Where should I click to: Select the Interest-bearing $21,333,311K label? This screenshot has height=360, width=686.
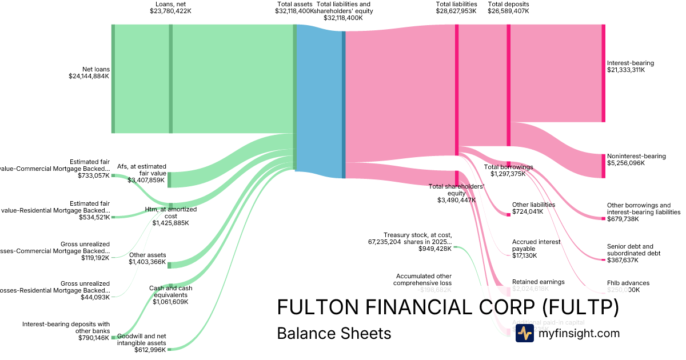pyautogui.click(x=630, y=66)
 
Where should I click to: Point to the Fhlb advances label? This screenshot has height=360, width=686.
pyautogui.click(x=628, y=286)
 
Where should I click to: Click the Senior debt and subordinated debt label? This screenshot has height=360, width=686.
pyautogui.click(x=633, y=253)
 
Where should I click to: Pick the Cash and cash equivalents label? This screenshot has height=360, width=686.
pyautogui.click(x=170, y=295)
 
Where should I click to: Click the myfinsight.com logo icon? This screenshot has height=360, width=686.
pyautogui.click(x=524, y=333)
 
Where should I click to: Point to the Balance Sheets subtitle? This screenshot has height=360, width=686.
pyautogui.click(x=334, y=333)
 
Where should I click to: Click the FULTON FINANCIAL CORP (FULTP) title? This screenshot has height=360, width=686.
pyautogui.click(x=448, y=307)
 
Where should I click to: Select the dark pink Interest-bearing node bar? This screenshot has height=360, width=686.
pyautogui.click(x=603, y=73)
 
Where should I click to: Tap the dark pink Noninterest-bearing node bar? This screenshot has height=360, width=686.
pyautogui.click(x=603, y=166)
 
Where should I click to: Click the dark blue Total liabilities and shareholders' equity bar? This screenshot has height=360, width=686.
pyautogui.click(x=344, y=105)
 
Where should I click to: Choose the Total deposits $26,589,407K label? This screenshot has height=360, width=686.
pyautogui.click(x=508, y=7)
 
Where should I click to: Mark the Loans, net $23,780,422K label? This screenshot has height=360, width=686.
pyautogui.click(x=170, y=7)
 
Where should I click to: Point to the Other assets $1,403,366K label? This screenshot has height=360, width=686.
pyautogui.click(x=147, y=259)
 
